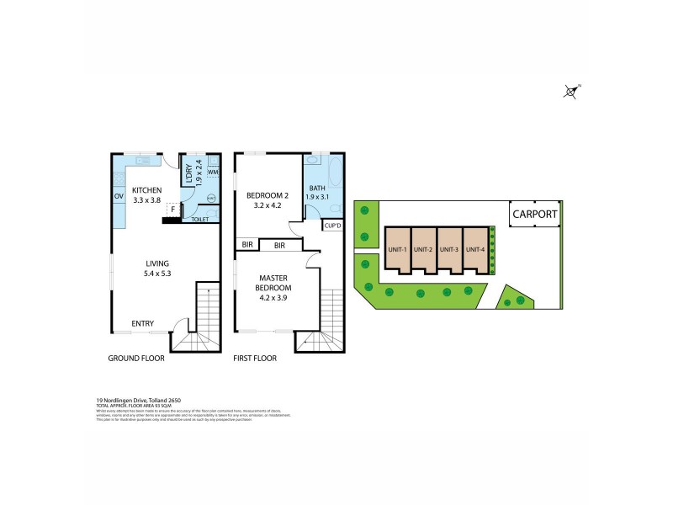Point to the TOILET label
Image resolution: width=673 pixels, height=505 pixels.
[x=200, y=220]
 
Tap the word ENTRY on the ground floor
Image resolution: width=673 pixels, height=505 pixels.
[x=142, y=323]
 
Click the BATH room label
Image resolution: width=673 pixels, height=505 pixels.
[x=317, y=188]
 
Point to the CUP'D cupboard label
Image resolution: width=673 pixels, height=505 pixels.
[x=331, y=226]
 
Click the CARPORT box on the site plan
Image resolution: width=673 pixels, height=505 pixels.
[x=534, y=215]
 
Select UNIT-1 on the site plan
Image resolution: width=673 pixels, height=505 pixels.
[x=398, y=249]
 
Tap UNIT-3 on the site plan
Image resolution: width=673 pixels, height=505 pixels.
[x=450, y=249]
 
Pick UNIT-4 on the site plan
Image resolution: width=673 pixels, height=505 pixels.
[x=475, y=249]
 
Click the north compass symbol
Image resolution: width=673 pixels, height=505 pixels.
[x=572, y=92]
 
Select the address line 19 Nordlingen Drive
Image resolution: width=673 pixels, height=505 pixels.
[x=140, y=399]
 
